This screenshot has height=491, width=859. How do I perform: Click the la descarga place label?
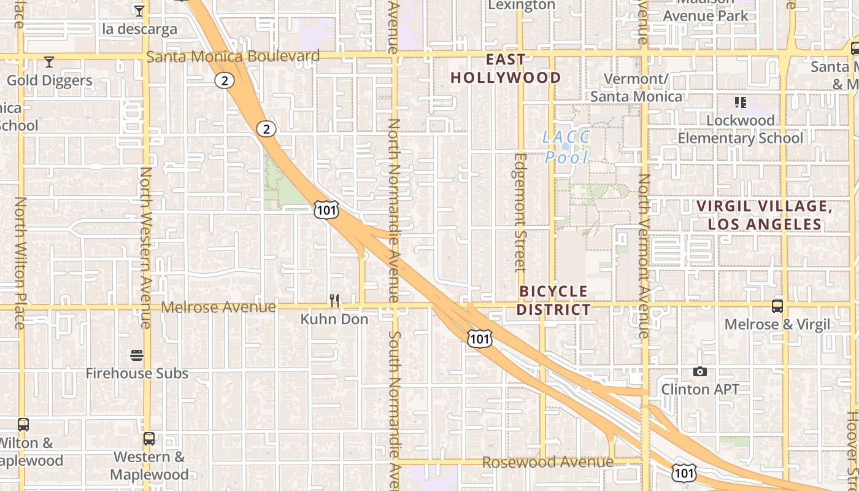(x=139, y=29)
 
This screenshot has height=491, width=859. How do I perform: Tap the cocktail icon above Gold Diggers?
(x=49, y=62)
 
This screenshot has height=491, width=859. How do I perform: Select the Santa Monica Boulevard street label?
(x=233, y=56)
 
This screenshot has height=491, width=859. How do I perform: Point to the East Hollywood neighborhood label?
(x=506, y=69)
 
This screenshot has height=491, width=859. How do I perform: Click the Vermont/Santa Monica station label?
(x=636, y=88)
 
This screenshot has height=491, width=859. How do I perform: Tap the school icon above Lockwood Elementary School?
(x=740, y=102)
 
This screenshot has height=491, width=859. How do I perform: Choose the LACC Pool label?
(x=566, y=147)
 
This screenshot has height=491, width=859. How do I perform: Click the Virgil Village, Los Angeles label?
(x=765, y=215)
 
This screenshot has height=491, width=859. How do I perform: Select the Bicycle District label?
(x=553, y=300)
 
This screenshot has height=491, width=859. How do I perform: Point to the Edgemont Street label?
(x=520, y=212)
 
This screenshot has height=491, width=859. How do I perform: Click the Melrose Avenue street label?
(x=218, y=306)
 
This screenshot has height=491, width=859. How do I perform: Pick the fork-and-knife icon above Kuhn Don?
(x=334, y=300)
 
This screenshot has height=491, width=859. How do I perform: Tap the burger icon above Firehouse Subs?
(x=137, y=355)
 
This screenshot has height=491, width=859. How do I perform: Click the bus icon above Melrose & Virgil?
(x=777, y=306)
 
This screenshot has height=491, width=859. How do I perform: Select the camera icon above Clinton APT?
(x=699, y=371)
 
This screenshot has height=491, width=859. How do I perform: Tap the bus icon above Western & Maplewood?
(x=149, y=439)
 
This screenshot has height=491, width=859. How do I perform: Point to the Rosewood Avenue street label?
(x=547, y=462)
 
